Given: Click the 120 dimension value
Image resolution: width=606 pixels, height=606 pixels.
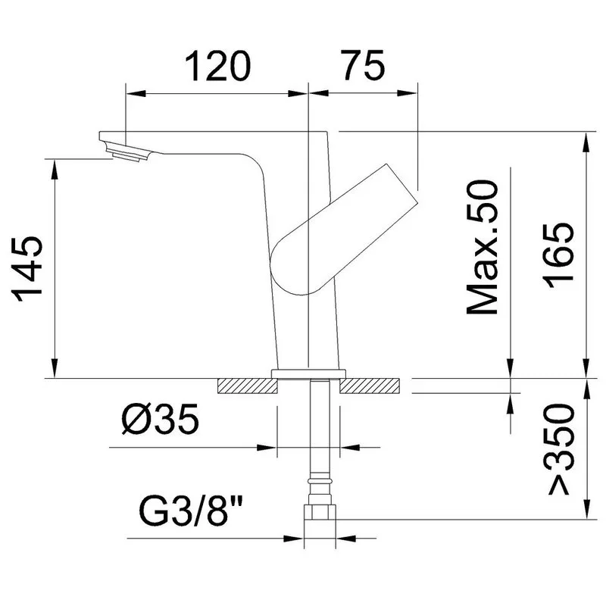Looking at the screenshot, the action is (x=217, y=66).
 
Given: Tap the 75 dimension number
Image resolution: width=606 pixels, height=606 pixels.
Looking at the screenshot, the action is (x=364, y=65).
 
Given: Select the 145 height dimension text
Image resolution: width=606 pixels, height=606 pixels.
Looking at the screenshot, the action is (x=28, y=268).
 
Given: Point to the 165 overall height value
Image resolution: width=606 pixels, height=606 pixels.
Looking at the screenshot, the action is (x=559, y=255).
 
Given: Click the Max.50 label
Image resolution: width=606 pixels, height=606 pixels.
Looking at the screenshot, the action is (x=483, y=247).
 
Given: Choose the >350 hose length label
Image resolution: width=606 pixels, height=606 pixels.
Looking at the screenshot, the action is (x=559, y=448).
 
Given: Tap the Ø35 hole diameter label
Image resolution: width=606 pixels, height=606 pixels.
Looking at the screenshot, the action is (x=160, y=419).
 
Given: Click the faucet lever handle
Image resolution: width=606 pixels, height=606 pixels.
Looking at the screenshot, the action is (x=344, y=230).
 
